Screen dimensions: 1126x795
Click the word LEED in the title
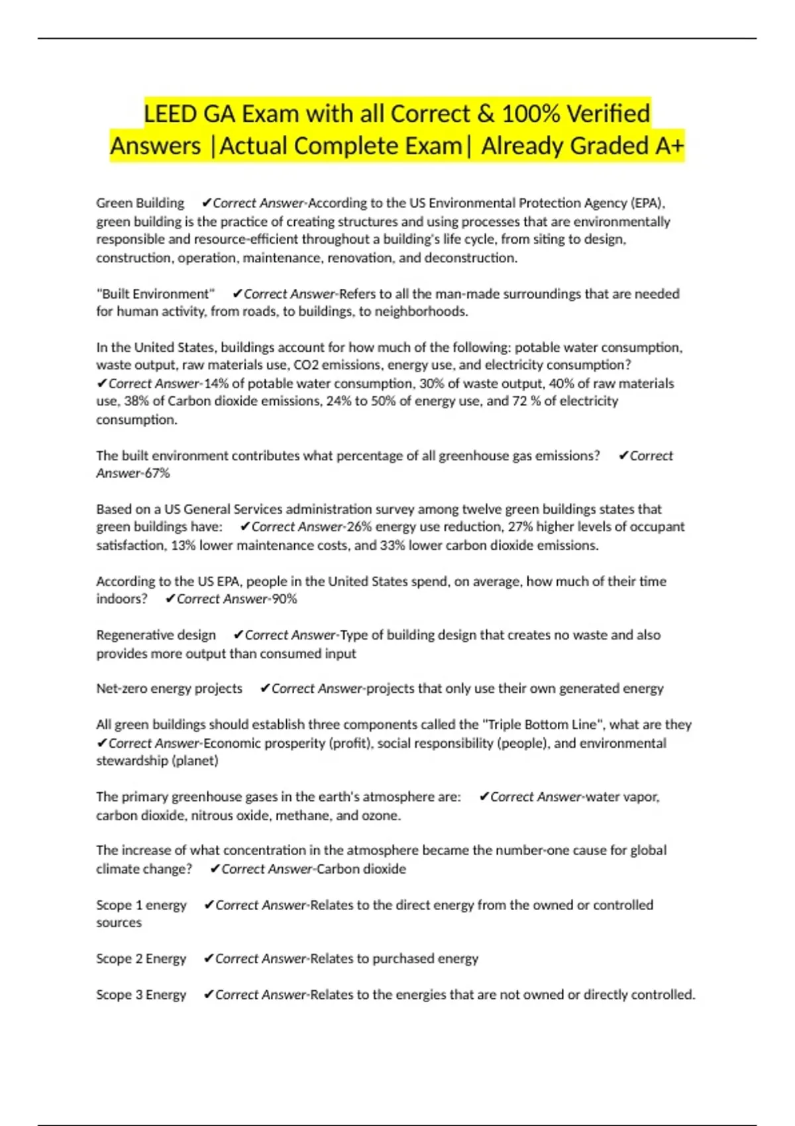click(170, 114)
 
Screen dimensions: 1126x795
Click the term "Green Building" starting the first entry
click(140, 203)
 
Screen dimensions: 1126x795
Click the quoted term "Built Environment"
click(156, 294)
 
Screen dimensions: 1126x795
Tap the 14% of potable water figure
click(215, 384)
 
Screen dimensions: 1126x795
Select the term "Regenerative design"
click(156, 635)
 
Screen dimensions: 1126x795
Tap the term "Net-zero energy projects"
click(169, 689)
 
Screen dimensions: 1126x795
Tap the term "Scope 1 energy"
click(141, 905)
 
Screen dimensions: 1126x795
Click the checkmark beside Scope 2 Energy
click(208, 959)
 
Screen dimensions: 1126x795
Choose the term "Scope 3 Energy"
click(141, 995)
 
